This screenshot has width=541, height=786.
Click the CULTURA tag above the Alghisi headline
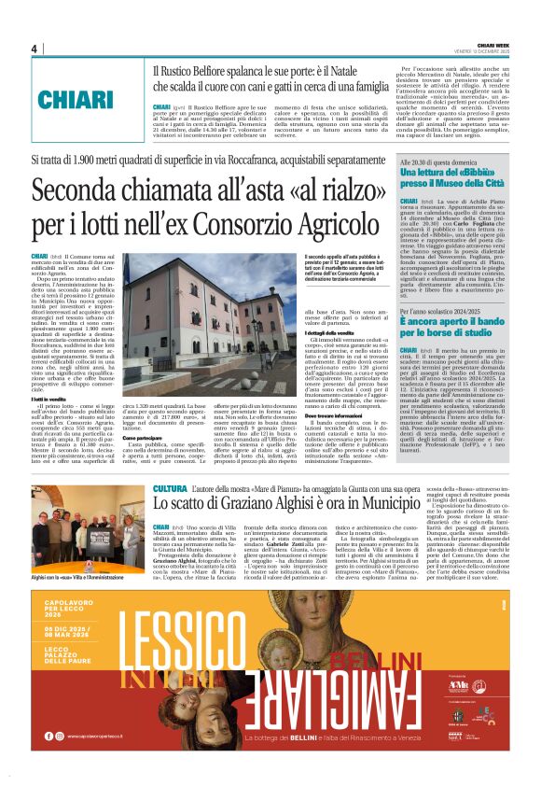click(x=170, y=489)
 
